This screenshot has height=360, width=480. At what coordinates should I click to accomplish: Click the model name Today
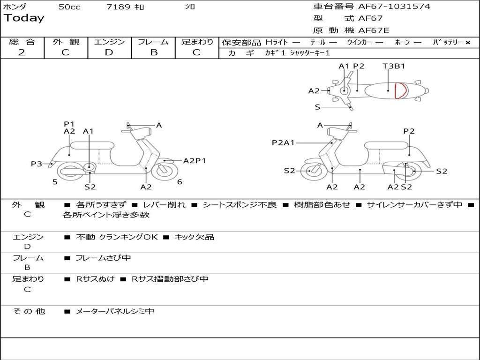point(23,18)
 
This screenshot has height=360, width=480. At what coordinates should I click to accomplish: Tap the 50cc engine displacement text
point(69,7)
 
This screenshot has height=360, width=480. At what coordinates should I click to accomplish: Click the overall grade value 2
point(22,52)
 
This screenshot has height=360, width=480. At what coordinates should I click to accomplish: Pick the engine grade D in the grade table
point(109,52)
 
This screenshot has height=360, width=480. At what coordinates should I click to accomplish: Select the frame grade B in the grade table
point(153,52)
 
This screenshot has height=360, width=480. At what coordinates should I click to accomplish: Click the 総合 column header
point(22,42)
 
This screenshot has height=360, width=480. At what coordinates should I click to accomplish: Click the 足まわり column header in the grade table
point(197,42)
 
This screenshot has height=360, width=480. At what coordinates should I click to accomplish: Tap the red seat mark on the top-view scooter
point(400,90)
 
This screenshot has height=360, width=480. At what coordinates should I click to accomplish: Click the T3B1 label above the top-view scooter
point(394,66)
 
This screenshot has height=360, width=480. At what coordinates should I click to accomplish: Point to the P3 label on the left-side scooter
point(37,164)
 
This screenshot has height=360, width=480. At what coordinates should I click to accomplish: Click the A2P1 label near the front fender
point(195,161)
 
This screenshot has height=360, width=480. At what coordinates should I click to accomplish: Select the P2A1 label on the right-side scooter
point(283,142)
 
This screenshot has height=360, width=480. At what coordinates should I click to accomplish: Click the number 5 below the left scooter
point(55,182)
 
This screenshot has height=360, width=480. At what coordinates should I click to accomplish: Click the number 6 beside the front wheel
point(180,182)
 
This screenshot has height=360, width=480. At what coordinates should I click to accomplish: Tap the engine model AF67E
point(374,30)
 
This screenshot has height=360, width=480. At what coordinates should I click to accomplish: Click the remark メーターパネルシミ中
point(115,311)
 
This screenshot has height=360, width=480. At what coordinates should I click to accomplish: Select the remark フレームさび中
point(103,258)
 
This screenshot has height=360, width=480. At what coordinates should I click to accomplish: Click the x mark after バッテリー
point(467,42)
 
